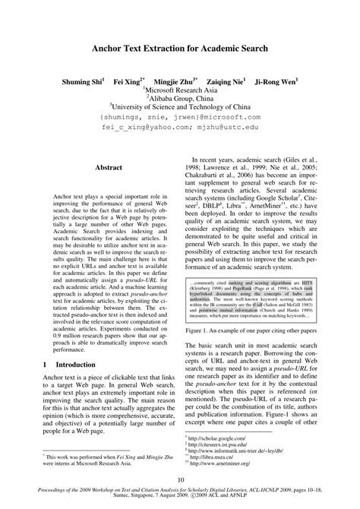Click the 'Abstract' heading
click(x=109, y=166)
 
